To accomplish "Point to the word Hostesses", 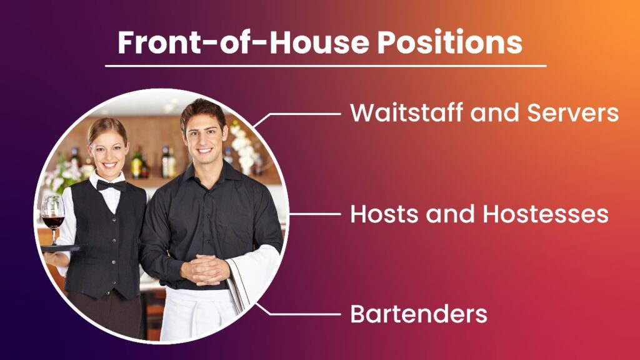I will coord(546,214).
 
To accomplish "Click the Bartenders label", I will coord(418,314).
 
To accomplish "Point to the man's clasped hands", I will coord(204,269).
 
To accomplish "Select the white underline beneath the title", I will coord(325,66).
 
